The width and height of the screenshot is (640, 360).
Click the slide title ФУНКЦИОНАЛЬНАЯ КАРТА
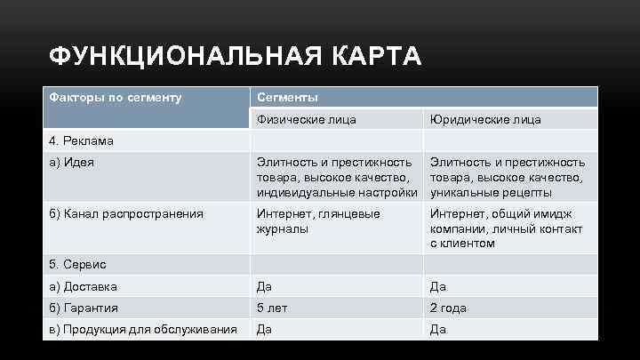(x=235, y=58)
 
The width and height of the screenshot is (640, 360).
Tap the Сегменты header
(x=287, y=96)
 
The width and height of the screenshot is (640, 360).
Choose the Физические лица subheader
(x=307, y=119)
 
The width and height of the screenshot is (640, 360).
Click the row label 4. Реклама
(x=82, y=140)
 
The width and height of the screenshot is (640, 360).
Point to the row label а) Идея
(x=72, y=162)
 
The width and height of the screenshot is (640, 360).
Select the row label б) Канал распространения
(x=125, y=213)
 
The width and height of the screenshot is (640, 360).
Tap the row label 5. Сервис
(x=77, y=264)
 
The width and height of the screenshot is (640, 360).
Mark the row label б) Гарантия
(x=84, y=308)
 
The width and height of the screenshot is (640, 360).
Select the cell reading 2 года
(x=450, y=308)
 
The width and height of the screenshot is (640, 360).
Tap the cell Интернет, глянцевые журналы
(x=317, y=220)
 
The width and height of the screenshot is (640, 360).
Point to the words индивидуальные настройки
(x=337, y=192)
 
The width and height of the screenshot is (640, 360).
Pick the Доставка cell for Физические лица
(x=264, y=286)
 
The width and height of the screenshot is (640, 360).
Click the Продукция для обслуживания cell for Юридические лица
(x=438, y=329)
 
